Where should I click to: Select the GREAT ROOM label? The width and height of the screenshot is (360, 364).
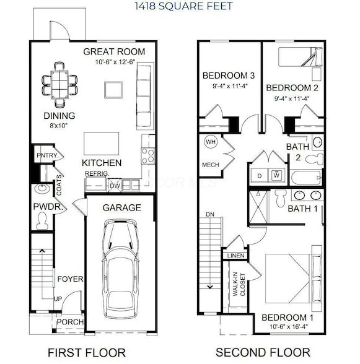[114, 51]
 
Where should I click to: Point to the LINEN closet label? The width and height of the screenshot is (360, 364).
[236, 255]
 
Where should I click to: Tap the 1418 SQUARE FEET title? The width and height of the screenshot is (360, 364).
[179, 7]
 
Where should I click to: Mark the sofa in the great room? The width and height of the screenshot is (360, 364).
[144, 87]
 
